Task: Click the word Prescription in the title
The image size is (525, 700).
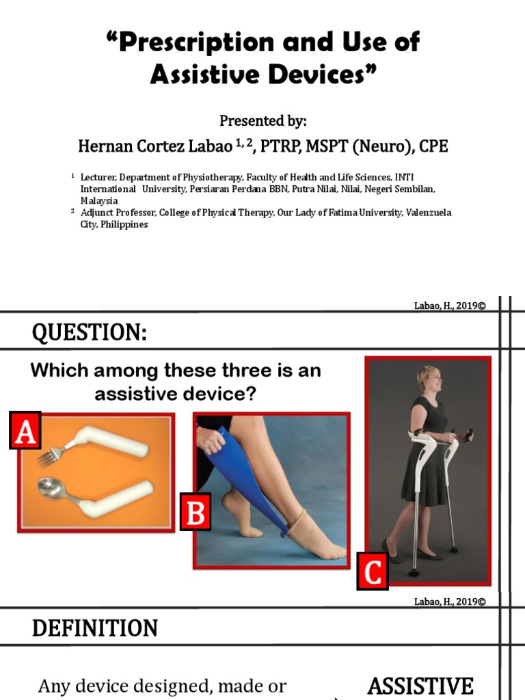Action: tap(196, 42)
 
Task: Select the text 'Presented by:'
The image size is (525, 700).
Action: tap(263, 121)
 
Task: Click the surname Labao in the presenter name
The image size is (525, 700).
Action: tap(211, 146)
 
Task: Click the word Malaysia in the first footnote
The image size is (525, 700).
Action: tap(99, 201)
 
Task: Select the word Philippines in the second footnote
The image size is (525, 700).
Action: tap(124, 224)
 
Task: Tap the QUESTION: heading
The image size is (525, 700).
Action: tap(90, 333)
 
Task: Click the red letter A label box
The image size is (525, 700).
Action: tap(25, 431)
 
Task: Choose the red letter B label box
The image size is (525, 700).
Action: tap(196, 512)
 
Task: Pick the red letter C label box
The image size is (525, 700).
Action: tap(373, 571)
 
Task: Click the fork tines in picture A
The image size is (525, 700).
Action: tap(46, 459)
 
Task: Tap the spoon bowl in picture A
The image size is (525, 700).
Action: tap(51, 488)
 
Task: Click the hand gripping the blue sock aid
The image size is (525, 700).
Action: tap(211, 440)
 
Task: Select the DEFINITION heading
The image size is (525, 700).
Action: tap(95, 628)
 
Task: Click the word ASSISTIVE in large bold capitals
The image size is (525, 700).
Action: tap(420, 686)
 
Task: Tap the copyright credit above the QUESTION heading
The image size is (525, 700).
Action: tap(450, 306)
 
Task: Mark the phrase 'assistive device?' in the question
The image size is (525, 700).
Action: tap(176, 394)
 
